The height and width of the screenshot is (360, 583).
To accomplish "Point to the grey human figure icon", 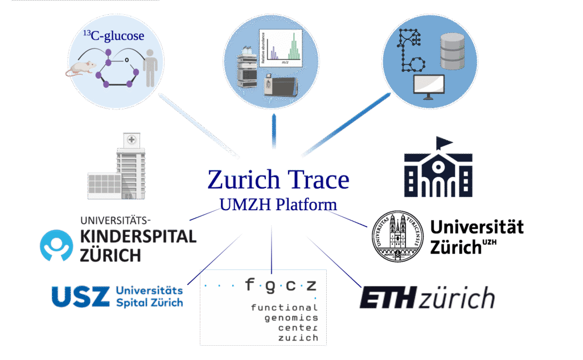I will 150,67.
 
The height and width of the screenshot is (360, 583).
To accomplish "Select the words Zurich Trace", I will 278,179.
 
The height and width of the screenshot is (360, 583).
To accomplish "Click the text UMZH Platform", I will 278,204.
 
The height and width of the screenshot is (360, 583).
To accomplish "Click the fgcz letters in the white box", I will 280,284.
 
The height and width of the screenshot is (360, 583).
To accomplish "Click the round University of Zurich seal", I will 397,236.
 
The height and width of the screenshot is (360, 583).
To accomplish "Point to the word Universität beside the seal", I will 477,228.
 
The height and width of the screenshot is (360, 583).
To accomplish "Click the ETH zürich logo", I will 426,298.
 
